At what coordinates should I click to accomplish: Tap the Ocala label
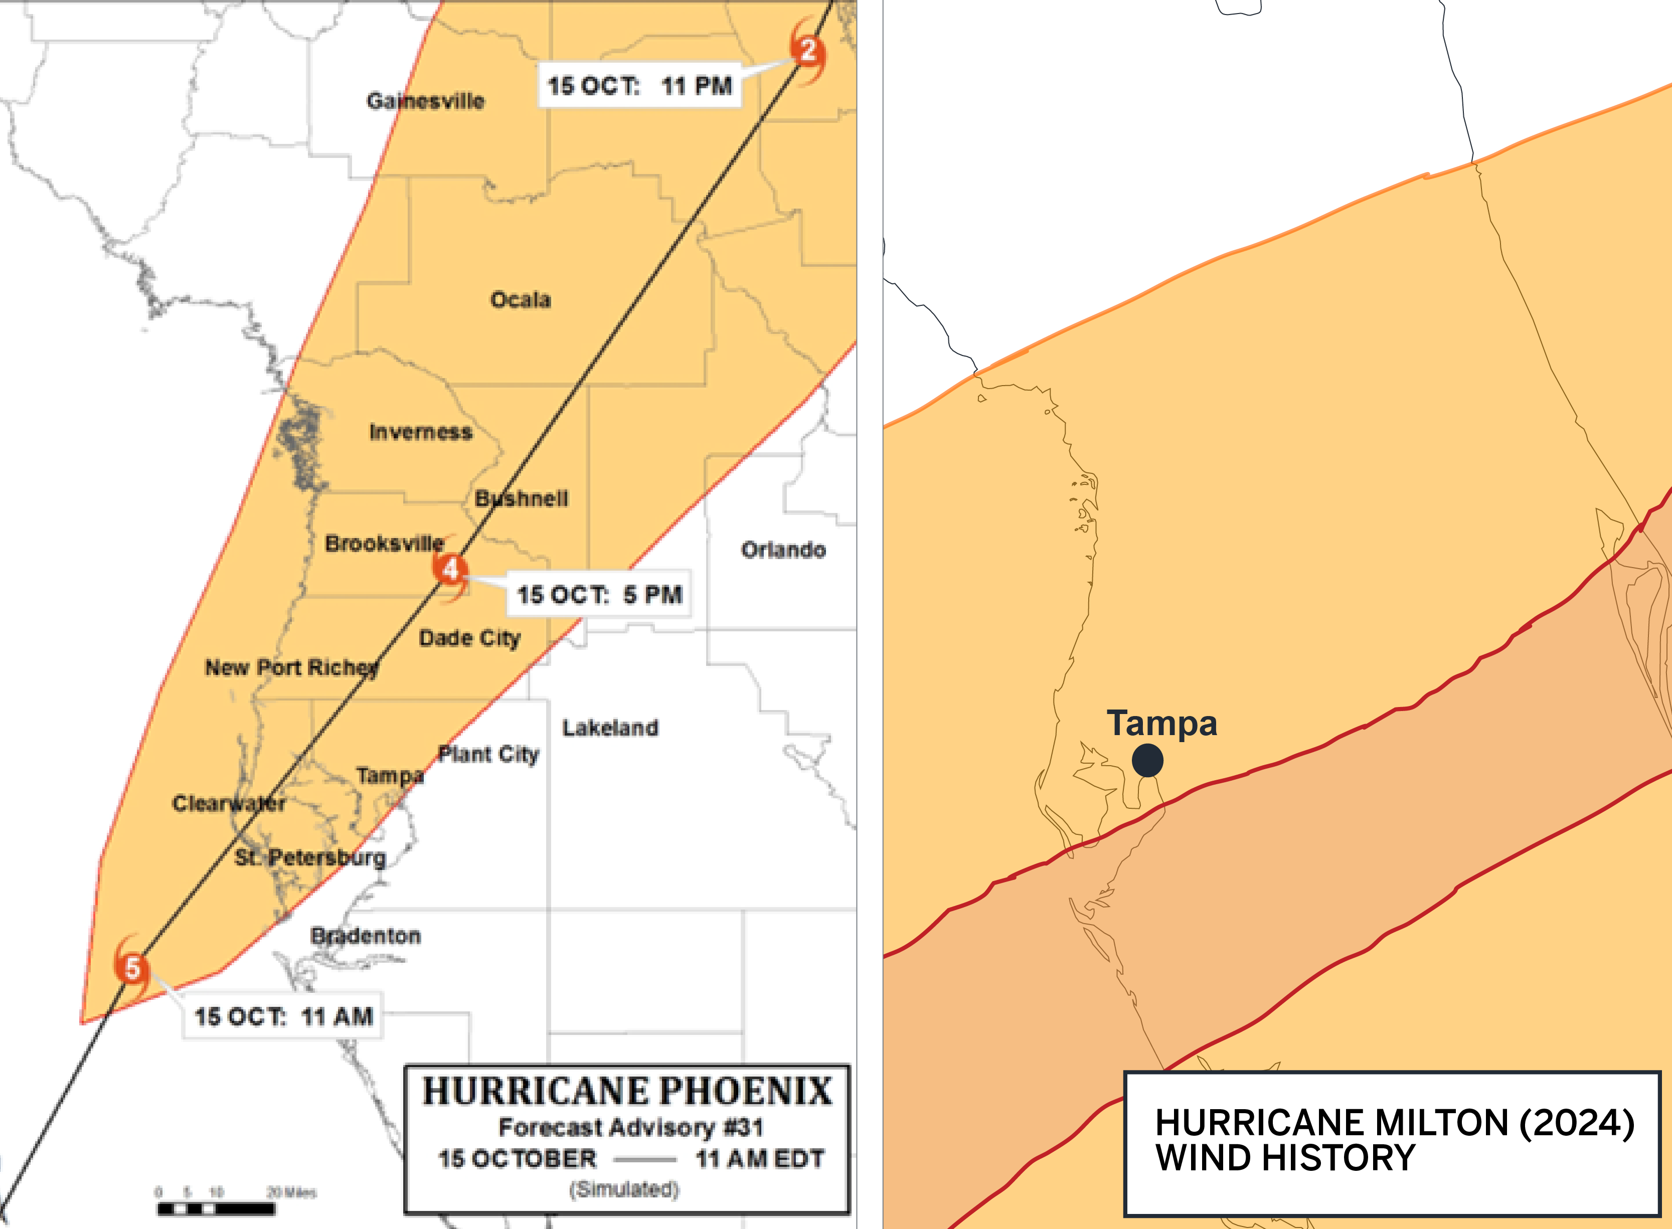click(x=520, y=300)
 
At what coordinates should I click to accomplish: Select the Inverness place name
click(x=420, y=432)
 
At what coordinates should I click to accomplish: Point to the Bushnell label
click(x=521, y=498)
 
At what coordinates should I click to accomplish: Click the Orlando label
click(x=783, y=550)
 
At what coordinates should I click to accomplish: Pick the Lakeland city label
click(x=609, y=728)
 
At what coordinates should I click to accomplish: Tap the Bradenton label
click(x=366, y=935)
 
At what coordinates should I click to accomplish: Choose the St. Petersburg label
click(x=310, y=857)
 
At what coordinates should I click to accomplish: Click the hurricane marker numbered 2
click(x=807, y=51)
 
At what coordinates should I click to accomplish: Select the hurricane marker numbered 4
click(x=450, y=569)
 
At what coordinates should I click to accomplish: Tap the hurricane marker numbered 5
click(x=132, y=968)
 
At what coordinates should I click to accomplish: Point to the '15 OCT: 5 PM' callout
click(x=599, y=594)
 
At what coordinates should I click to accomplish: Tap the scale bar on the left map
click(x=216, y=1209)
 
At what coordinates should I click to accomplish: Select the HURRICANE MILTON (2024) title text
click(x=1394, y=1123)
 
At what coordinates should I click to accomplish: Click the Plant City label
click(x=488, y=754)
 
